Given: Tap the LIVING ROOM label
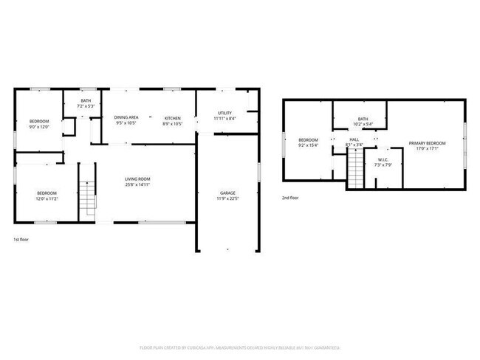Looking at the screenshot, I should click(138, 179).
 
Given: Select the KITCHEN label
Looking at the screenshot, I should click(173, 118).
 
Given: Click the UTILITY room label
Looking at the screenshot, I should click(224, 113).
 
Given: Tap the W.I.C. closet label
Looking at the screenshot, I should click(383, 159).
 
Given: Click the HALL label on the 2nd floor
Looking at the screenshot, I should click(354, 139).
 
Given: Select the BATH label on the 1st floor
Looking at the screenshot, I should click(86, 101).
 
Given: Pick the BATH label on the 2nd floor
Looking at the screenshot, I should click(363, 119).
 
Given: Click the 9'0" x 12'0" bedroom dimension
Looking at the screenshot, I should click(38, 127).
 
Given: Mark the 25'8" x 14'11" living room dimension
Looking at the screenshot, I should click(138, 184).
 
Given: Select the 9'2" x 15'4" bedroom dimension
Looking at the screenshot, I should click(308, 145).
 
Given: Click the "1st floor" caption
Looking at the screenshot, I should click(22, 240).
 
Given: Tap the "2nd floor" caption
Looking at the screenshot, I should click(290, 198).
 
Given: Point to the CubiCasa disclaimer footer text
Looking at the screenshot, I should click(240, 347).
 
